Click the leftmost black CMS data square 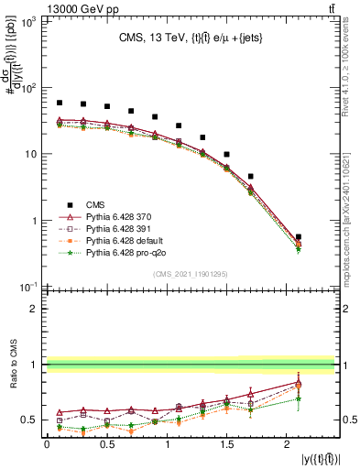[60, 103]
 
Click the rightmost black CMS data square [299, 237]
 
